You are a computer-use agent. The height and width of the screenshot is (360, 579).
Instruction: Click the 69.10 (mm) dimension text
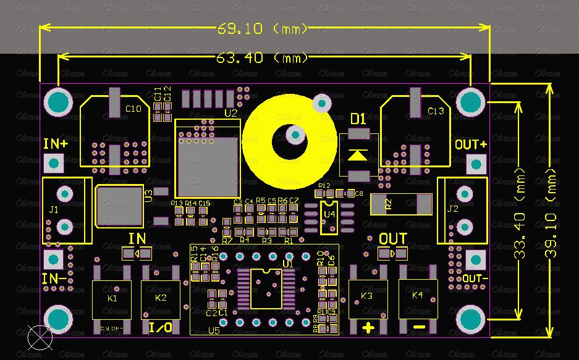click(262, 28)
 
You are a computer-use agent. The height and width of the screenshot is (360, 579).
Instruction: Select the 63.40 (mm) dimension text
click(262, 58)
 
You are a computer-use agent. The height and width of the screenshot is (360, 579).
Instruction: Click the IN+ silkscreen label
click(56, 144)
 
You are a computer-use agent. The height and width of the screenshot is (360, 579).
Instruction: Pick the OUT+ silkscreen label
click(471, 145)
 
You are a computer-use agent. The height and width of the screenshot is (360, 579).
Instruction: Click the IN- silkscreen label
click(54, 278)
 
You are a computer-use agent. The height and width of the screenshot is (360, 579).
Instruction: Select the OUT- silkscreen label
click(475, 278)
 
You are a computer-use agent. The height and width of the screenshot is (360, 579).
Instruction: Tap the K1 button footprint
click(112, 299)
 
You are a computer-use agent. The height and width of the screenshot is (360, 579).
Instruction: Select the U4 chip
click(329, 217)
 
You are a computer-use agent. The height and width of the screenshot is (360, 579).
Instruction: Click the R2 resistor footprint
click(400, 204)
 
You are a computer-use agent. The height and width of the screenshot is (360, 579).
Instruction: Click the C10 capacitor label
click(133, 109)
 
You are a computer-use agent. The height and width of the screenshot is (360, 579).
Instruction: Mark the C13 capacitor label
click(436, 111)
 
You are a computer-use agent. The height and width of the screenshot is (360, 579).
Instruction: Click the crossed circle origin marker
click(40, 336)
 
